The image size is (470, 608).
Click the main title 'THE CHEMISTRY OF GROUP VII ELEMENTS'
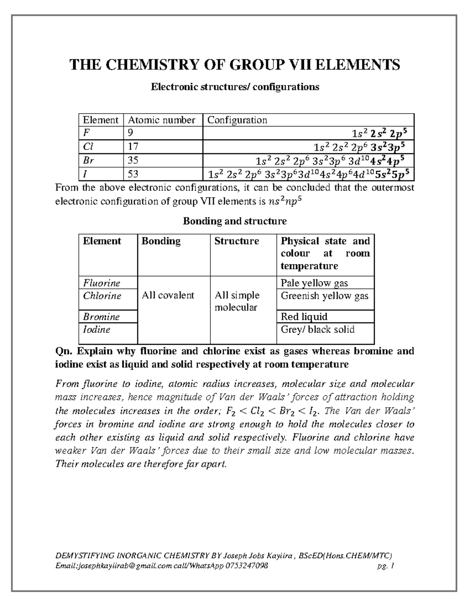[235, 65]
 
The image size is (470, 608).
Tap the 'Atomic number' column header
[162, 120]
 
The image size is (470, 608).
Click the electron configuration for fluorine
[379, 134]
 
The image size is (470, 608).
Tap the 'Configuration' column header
[237, 120]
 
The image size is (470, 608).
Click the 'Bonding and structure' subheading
[235, 221]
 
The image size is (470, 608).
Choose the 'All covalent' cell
[168, 295]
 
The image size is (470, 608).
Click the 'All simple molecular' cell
[237, 301]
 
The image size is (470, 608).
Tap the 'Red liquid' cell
[304, 316]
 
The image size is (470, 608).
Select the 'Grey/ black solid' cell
[317, 329]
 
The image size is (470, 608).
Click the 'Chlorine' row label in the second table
[102, 296]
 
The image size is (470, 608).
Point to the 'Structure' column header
[237, 241]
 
